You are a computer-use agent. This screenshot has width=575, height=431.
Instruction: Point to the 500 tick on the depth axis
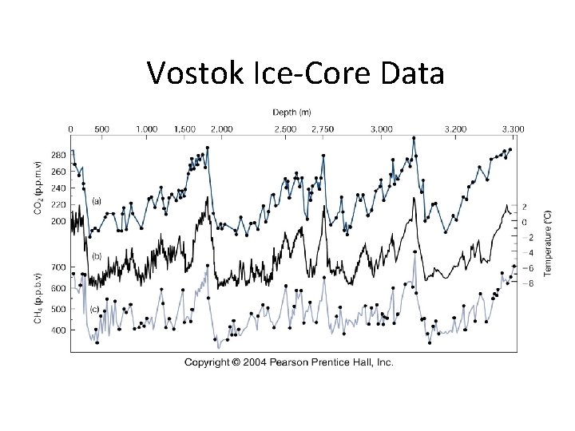[x=102, y=129]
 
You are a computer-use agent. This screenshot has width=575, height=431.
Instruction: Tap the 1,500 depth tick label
[x=184, y=129]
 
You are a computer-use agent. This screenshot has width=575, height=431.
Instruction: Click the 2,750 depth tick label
[x=323, y=129]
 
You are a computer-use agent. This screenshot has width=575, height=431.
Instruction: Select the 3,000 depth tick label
[x=382, y=129]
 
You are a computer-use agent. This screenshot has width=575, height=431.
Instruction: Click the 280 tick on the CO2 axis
[x=58, y=155]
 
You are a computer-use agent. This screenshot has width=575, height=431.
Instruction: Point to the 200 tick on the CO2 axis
[x=58, y=221]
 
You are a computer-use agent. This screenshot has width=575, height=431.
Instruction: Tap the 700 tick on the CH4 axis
[x=58, y=267]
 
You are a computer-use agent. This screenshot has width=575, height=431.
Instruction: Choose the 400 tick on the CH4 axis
[x=58, y=330]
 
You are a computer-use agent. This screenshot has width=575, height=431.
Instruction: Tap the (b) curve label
[x=97, y=256]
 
